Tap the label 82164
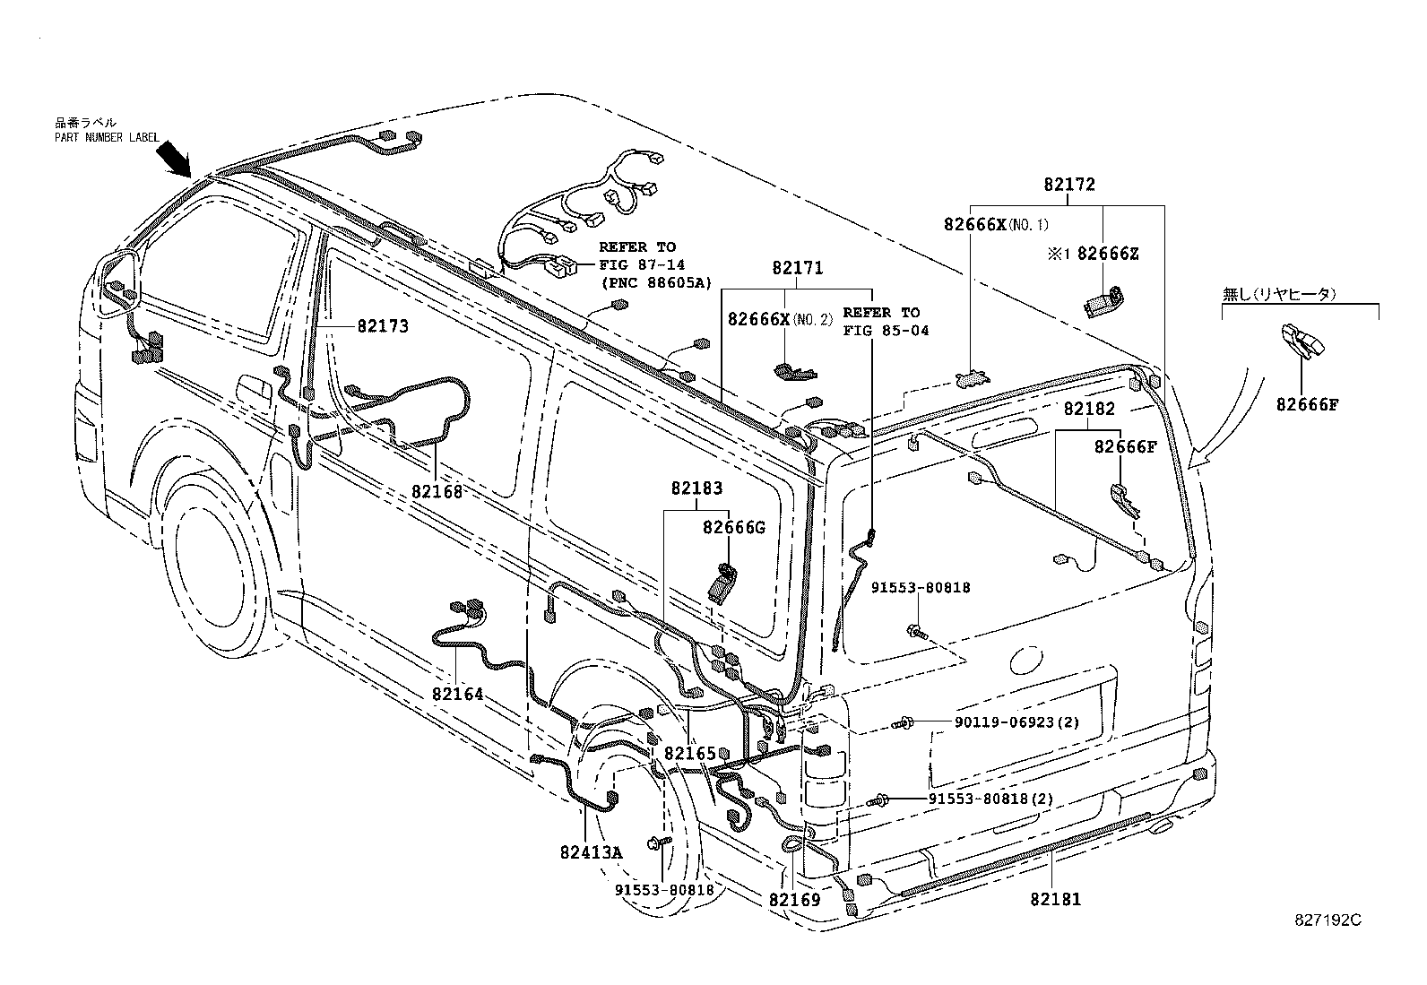pyautogui.click(x=457, y=694)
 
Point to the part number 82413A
pyautogui.click(x=591, y=852)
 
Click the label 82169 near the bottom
pyautogui.click(x=794, y=899)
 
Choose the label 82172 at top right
pyautogui.click(x=1069, y=186)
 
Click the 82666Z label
pyautogui.click(x=1108, y=254)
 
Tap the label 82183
pyautogui.click(x=696, y=488)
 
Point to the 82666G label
pyautogui.click(x=733, y=527)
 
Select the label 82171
pyautogui.click(x=797, y=268)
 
